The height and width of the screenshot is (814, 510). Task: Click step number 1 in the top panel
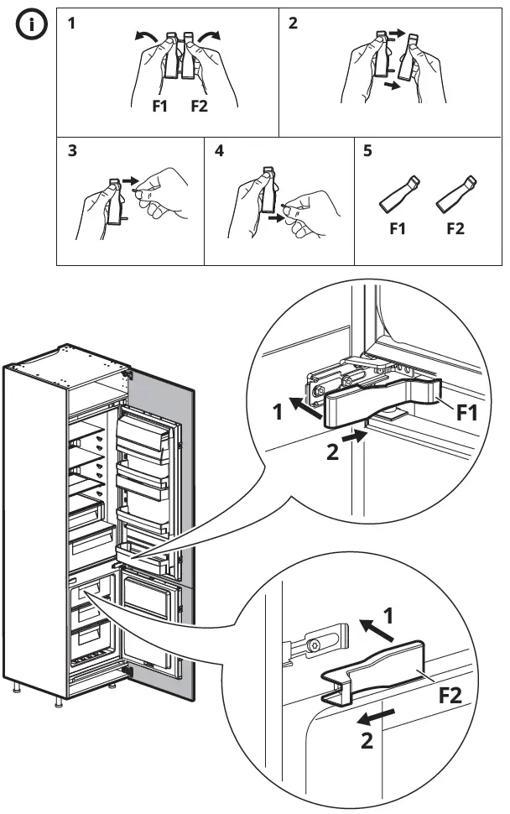[x=71, y=23]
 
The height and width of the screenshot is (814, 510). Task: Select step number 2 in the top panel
[x=293, y=23]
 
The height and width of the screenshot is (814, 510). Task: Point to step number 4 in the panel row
[x=219, y=152]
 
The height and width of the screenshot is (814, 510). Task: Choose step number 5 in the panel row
[x=368, y=152]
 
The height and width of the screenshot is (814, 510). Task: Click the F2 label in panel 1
[x=200, y=106]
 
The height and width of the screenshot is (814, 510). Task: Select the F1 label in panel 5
[x=397, y=228]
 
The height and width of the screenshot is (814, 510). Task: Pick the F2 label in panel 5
[x=455, y=228]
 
